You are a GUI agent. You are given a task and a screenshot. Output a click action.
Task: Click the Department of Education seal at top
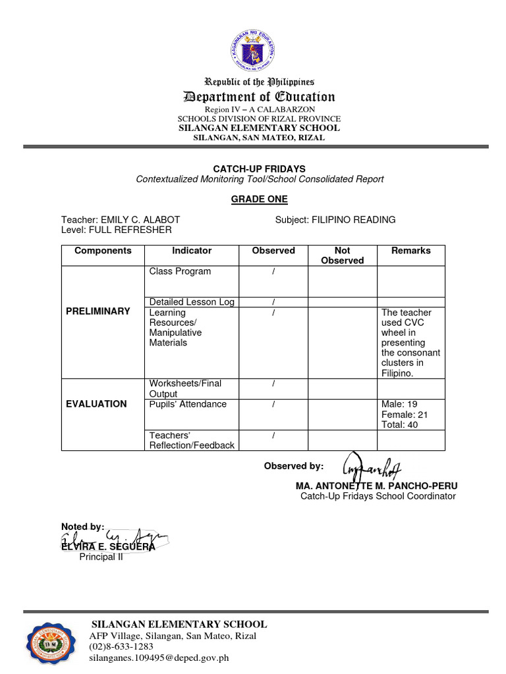[254, 51]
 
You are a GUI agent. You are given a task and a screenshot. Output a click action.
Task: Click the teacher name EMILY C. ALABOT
[140, 220]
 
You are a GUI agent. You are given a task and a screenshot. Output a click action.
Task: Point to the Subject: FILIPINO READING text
[335, 220]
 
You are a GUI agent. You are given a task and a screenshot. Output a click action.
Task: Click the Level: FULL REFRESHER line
[117, 230]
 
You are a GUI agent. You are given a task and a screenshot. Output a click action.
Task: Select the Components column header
[103, 251]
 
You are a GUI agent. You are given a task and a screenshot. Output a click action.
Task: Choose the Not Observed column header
[342, 255]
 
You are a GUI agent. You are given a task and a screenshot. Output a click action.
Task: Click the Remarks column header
[410, 251]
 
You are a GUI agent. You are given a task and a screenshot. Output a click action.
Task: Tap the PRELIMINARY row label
[98, 311]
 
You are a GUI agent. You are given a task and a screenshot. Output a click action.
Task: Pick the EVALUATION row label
[96, 404]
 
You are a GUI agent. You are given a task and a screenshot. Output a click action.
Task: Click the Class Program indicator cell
[180, 271]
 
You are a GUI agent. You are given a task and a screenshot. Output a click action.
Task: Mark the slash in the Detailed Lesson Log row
[273, 302]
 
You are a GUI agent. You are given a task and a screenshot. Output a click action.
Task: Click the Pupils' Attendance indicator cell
[188, 404]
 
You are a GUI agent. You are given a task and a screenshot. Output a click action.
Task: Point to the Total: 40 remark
[399, 425]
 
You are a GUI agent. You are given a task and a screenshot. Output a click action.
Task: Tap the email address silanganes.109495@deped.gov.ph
[159, 658]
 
